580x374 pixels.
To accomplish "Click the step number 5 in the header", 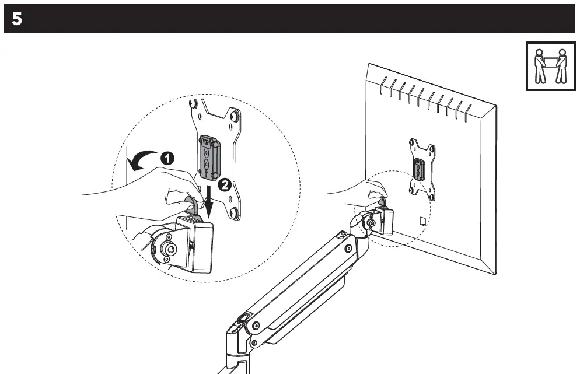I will click(x=17, y=19).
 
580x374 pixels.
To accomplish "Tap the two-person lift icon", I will click(x=551, y=66).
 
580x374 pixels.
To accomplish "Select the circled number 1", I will click(x=167, y=158).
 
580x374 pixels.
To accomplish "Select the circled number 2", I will click(x=222, y=186).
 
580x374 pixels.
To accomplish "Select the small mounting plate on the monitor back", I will click(x=422, y=169).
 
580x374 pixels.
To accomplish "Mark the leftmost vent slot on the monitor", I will click(x=383, y=88).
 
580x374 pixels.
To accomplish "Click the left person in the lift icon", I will click(x=540, y=65).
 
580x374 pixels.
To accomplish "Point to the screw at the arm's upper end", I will click(x=348, y=250).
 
